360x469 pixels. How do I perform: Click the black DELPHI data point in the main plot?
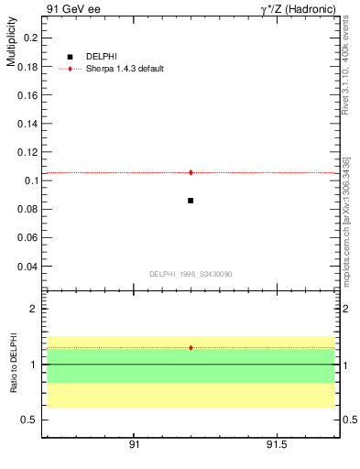point(191,200)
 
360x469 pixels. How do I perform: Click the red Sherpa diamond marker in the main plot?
point(191,172)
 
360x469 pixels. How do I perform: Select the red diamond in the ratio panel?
point(191,348)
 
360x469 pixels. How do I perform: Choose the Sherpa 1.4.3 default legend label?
point(125,69)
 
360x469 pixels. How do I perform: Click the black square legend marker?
point(70,57)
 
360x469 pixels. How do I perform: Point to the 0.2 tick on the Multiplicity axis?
point(29,38)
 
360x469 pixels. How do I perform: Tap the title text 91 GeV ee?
point(71,9)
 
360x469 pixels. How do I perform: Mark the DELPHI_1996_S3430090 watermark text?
point(191,274)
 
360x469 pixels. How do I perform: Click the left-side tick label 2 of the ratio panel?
point(33,309)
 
